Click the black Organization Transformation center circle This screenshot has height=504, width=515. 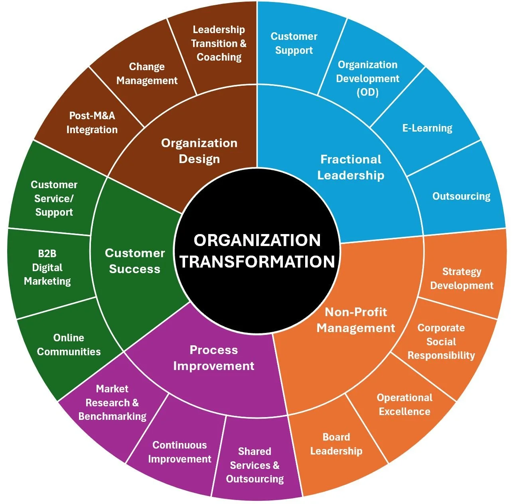[x=257, y=251]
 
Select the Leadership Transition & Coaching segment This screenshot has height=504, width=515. [x=219, y=43]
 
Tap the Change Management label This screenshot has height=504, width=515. [x=147, y=74]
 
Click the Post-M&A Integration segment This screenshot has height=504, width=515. [x=92, y=123]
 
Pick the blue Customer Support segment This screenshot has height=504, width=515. [x=294, y=43]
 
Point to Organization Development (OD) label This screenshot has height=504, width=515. [x=367, y=79]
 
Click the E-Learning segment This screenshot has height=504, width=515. [x=427, y=128]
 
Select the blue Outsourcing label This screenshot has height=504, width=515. [x=462, y=196]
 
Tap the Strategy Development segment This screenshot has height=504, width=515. [x=462, y=279]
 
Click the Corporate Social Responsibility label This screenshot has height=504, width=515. [x=441, y=342]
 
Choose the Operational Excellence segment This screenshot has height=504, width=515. [x=405, y=405]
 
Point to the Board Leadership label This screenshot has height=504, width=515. [x=336, y=444]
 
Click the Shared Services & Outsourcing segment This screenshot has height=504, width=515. [x=255, y=465]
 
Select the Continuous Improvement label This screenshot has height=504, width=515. [x=180, y=452]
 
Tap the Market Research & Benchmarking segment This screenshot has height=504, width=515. [x=112, y=403]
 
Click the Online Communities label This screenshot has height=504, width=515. [x=69, y=345]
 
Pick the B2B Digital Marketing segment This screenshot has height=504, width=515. [x=47, y=268]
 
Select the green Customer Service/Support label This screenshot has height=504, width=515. [x=54, y=199]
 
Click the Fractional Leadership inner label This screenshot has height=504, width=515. [x=351, y=167]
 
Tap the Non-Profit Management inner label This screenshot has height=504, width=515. [x=355, y=320]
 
